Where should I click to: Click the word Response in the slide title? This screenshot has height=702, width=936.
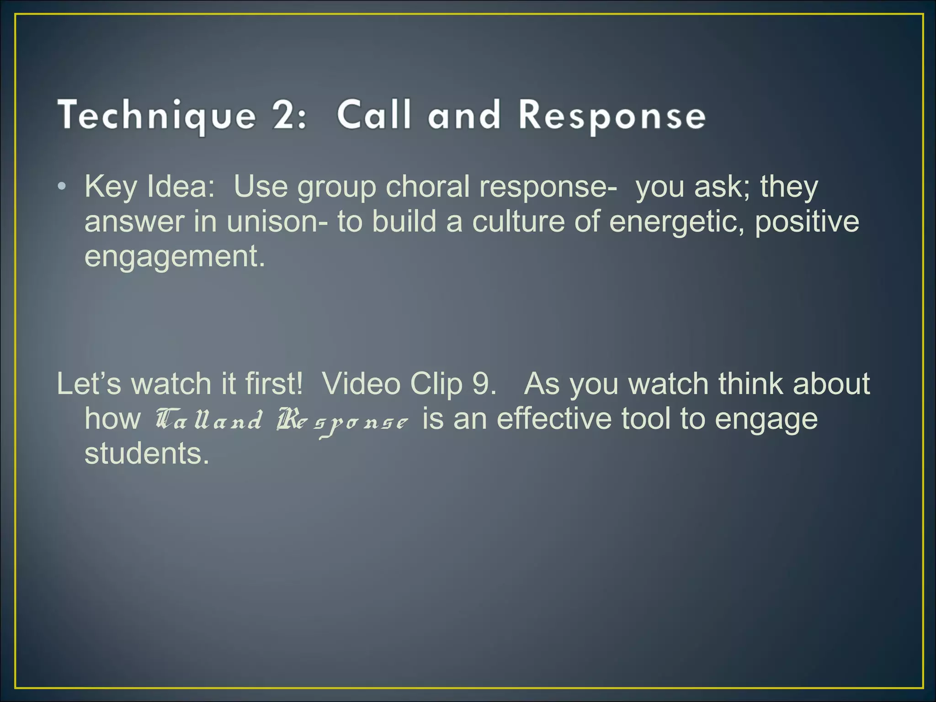pyautogui.click(x=612, y=116)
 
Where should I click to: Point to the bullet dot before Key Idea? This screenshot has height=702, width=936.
pyautogui.click(x=63, y=187)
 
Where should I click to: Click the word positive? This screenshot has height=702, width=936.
pyautogui.click(x=807, y=222)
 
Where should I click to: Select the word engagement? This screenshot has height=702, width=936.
pyautogui.click(x=174, y=257)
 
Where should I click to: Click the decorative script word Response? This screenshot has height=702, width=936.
pyautogui.click(x=342, y=421)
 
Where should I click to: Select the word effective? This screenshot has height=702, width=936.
pyautogui.click(x=554, y=419)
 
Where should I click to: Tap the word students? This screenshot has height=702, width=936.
pyautogui.click(x=146, y=453)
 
